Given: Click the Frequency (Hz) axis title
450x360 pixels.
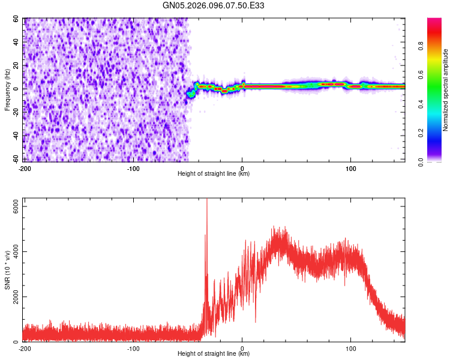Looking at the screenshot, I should point(7,90).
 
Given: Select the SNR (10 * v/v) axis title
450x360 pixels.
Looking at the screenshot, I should point(7,270).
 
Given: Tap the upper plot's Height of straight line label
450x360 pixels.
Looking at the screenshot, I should point(214,173).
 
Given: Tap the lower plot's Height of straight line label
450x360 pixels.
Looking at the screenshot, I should point(214,353).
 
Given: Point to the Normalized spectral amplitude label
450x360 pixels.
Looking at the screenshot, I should point(446,90).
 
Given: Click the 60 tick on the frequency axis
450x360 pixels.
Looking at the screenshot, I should point(16,19).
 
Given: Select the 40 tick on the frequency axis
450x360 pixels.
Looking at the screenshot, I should point(16,43).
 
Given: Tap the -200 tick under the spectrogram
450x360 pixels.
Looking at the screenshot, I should point(25,168).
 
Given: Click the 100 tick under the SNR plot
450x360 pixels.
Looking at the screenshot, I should point(350,348).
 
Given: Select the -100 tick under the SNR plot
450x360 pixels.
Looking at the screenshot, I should point(133,348).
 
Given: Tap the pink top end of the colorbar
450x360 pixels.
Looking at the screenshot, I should point(435,21).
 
